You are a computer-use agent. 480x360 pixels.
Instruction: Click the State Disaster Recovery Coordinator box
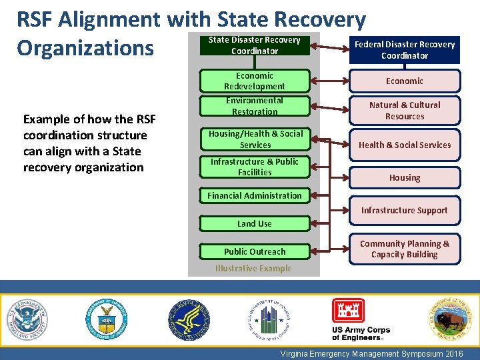[x=255, y=45]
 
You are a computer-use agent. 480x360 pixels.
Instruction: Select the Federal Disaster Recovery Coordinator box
[x=404, y=50]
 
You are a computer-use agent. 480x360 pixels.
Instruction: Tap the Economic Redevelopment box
[x=255, y=81]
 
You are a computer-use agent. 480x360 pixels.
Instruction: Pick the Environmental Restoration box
[x=255, y=106]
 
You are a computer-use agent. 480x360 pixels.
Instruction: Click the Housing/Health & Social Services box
[x=255, y=139]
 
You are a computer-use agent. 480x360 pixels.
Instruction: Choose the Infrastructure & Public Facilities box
[x=255, y=167]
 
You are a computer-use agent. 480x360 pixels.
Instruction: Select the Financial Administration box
[x=255, y=195]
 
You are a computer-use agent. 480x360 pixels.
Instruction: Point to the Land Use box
[x=255, y=223]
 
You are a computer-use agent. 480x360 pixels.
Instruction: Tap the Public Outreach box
[x=255, y=251]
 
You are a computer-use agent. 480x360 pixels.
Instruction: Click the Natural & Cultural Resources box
[x=404, y=111]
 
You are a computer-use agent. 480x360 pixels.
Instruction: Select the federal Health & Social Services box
[x=404, y=145]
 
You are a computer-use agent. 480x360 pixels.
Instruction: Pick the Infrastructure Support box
[x=404, y=210]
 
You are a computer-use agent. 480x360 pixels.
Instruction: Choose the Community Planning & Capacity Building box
[x=404, y=249]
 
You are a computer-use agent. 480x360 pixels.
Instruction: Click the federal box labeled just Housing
[x=404, y=178]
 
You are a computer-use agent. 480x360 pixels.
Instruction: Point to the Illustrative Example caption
[x=253, y=269]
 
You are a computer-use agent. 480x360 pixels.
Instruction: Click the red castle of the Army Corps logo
[x=349, y=311]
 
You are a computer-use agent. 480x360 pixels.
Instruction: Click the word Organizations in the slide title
[x=85, y=48]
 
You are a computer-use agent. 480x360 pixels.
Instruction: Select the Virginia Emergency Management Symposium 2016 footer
[x=371, y=353]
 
